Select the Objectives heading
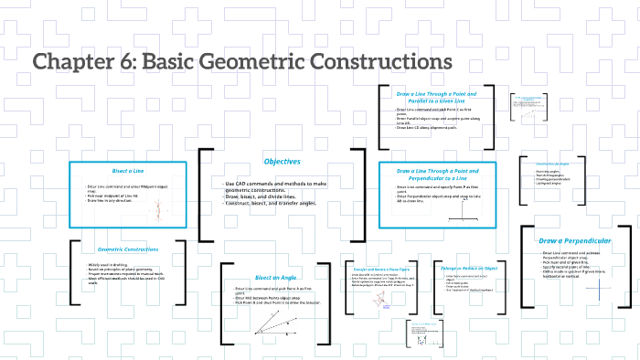click(x=283, y=162)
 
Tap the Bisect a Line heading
click(x=128, y=171)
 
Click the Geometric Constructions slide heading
click(x=128, y=249)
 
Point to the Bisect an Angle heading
click(x=275, y=276)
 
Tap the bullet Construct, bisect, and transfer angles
click(x=274, y=202)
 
